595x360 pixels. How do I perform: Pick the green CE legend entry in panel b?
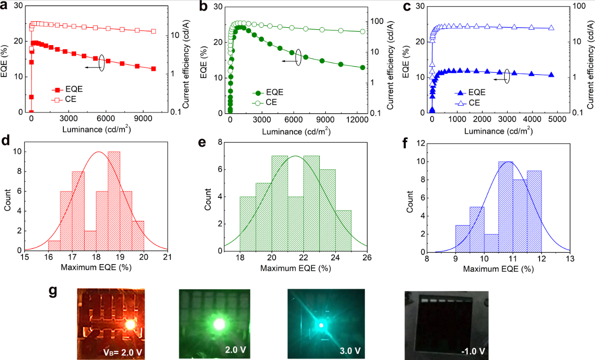click(268, 102)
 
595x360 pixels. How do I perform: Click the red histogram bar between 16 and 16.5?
click(54, 245)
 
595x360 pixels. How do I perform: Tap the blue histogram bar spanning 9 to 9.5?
click(463, 238)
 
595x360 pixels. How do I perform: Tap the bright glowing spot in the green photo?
click(219, 324)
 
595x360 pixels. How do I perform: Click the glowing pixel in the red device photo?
click(130, 324)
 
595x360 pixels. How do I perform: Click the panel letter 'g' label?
click(53, 292)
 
